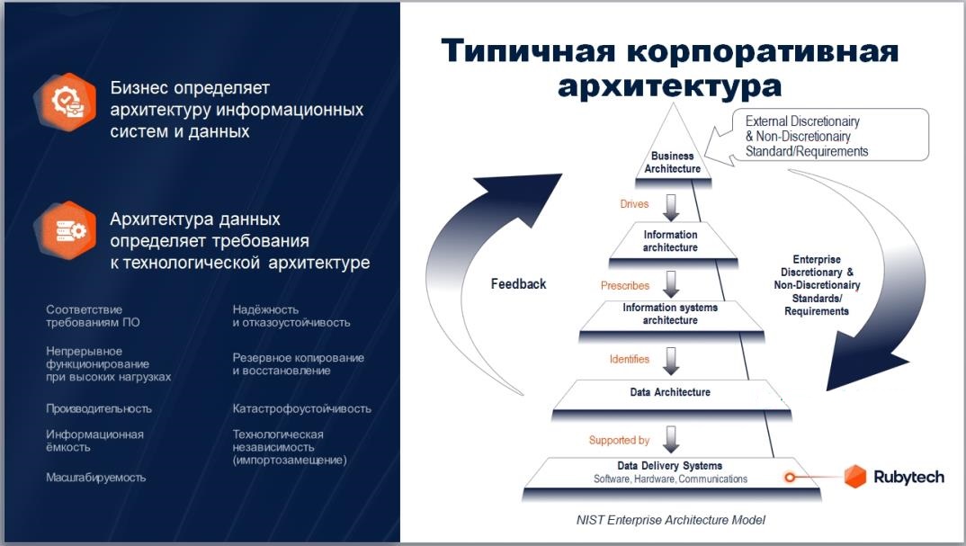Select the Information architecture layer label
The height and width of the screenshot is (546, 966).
[x=670, y=241]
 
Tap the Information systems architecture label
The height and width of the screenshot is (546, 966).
[x=670, y=314]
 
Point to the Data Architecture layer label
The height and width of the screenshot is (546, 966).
[x=670, y=392]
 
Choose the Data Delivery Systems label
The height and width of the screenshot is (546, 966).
[x=670, y=466]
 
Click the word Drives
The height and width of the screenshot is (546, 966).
[x=634, y=204]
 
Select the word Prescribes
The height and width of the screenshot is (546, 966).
[x=625, y=285]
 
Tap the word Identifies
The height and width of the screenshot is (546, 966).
[x=629, y=359]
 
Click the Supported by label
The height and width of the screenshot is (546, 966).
[x=619, y=440]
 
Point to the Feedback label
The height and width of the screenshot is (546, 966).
[x=518, y=284]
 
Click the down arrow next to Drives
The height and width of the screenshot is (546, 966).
[x=671, y=209]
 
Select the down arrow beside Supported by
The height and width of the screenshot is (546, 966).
[x=671, y=440]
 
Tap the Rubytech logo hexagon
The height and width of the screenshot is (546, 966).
[x=854, y=477]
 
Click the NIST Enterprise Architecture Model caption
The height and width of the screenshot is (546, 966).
[x=670, y=520]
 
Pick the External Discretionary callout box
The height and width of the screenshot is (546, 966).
[x=817, y=136]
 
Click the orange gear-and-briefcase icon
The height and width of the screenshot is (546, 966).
[x=66, y=102]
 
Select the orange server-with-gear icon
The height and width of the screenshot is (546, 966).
[x=66, y=230]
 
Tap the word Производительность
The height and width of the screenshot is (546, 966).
[x=99, y=408]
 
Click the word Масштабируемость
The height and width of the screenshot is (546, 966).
[x=95, y=477]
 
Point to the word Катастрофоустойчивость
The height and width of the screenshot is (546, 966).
[x=302, y=408]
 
